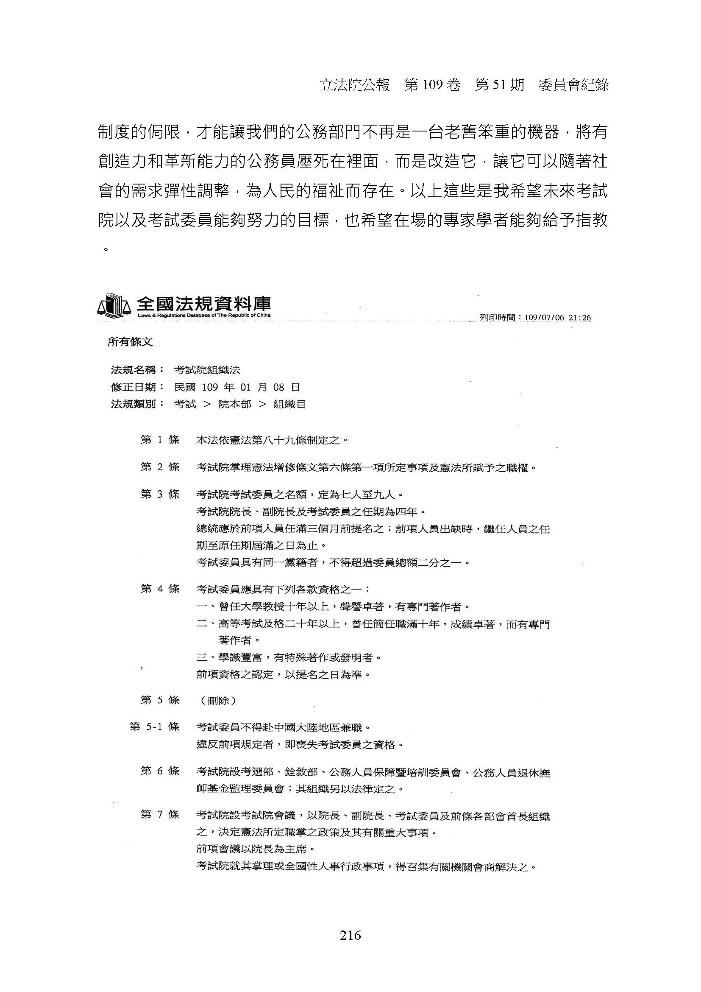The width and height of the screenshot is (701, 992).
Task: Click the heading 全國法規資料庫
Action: tap(204, 304)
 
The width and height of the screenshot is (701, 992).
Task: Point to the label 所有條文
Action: tap(130, 342)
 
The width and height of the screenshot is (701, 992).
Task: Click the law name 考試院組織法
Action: tap(207, 370)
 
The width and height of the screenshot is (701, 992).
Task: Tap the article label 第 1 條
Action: tap(160, 440)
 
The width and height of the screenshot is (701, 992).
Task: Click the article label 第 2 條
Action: tap(160, 467)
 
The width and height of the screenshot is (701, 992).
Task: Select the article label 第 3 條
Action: tap(160, 494)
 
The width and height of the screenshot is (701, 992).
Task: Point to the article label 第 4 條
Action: tap(160, 589)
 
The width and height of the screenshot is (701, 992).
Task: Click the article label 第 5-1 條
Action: tap(154, 726)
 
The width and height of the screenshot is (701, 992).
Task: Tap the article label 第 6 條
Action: tap(160, 770)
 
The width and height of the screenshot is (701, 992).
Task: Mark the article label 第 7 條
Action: tap(160, 814)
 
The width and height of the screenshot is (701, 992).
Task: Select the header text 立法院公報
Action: tap(354, 86)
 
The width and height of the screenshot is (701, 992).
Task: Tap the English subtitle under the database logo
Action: tap(204, 316)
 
